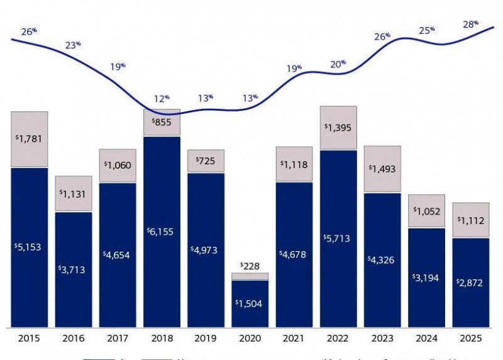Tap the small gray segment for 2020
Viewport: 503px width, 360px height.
click(250, 276)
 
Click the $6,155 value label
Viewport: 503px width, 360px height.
click(162, 232)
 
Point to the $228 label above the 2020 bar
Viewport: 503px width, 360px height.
click(250, 266)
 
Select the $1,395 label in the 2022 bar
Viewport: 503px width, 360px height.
click(338, 128)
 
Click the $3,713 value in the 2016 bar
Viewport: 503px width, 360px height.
click(74, 270)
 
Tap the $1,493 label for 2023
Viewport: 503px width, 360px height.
click(382, 169)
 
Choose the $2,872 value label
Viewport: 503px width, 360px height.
click(470, 283)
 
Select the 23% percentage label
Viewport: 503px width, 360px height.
click(73, 45)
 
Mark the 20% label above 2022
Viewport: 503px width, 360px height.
click(338, 64)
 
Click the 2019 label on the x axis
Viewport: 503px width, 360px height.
click(206, 339)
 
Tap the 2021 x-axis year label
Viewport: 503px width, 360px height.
click(294, 339)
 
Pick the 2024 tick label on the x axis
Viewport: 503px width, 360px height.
click(426, 339)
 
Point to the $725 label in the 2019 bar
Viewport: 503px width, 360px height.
click(206, 162)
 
